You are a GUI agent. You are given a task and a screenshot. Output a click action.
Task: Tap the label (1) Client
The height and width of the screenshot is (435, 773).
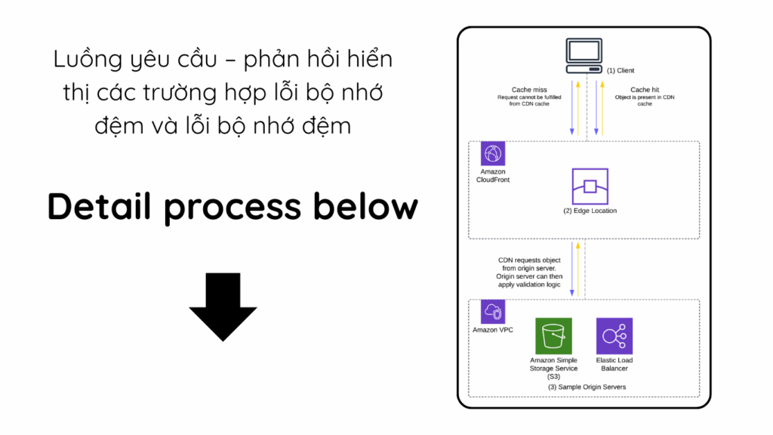click(x=621, y=70)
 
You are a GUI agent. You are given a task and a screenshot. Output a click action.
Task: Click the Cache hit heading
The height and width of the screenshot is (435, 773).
click(x=644, y=90)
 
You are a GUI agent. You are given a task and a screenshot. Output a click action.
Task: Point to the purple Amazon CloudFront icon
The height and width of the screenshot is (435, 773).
click(x=492, y=154)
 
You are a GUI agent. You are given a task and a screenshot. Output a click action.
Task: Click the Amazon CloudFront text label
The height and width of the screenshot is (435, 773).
click(x=493, y=176)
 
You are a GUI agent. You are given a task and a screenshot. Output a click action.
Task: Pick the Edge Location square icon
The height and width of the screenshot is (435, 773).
click(x=590, y=186)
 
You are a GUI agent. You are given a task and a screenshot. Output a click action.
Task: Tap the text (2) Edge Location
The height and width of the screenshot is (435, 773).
click(x=590, y=211)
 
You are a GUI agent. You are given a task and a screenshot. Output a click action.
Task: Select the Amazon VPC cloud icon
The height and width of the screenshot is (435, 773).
click(x=492, y=313)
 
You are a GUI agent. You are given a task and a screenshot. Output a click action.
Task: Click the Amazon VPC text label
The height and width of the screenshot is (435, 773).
click(x=493, y=330)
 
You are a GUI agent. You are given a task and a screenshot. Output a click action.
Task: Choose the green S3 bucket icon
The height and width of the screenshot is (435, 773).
click(x=553, y=335)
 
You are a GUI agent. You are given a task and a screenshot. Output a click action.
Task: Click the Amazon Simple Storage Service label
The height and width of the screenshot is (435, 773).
click(x=553, y=364)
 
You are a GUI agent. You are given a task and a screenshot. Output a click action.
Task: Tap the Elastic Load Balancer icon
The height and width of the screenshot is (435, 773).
click(x=614, y=335)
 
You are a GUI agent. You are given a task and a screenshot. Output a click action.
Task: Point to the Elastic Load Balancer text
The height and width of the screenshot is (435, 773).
click(x=614, y=364)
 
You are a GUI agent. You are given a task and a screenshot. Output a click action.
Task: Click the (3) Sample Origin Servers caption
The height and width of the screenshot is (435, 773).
click(x=587, y=387)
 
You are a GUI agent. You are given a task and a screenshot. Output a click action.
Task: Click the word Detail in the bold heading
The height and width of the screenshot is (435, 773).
click(x=100, y=206)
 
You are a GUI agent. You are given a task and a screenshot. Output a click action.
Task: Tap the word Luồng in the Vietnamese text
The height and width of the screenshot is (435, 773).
click(x=82, y=59)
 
